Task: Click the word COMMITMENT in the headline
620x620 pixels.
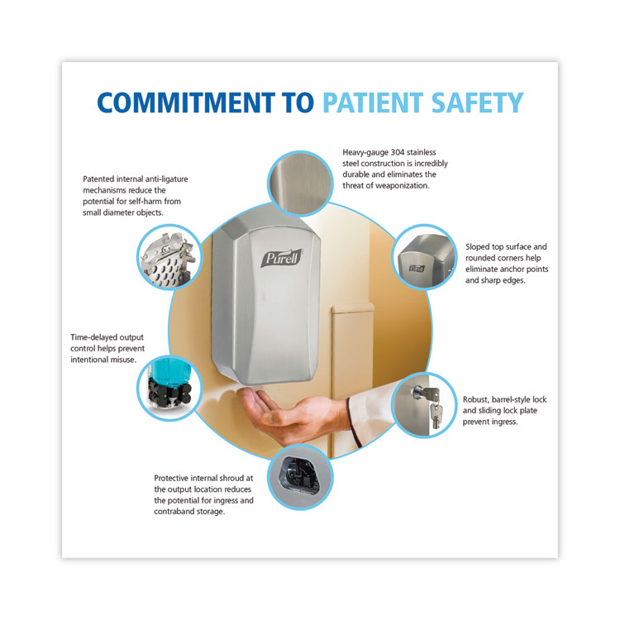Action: click(x=186, y=103)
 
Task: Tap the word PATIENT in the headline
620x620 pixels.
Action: click(x=374, y=103)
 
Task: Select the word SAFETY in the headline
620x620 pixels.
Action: click(x=478, y=103)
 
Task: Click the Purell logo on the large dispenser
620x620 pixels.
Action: click(x=282, y=258)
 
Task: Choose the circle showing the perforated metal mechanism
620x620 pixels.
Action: click(x=169, y=257)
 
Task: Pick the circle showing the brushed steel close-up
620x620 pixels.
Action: click(x=301, y=184)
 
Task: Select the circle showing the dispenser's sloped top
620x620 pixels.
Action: click(x=425, y=257)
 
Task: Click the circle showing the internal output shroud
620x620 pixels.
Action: click(x=301, y=477)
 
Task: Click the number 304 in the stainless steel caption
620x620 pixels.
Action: click(x=398, y=152)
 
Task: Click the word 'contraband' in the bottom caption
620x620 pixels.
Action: click(x=175, y=511)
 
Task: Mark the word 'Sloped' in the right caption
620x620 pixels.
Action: click(x=477, y=246)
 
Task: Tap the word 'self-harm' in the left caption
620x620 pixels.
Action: click(x=145, y=201)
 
